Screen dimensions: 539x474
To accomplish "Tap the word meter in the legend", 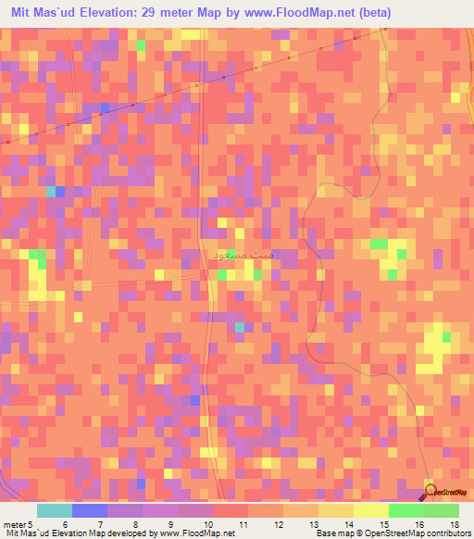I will coord(13,524).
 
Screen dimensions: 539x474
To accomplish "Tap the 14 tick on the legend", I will coord(352,524).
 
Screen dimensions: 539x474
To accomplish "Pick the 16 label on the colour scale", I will coord(422,524).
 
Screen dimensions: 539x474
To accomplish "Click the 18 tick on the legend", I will coord(455,524).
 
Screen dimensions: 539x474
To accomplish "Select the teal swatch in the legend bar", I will coord(55,510).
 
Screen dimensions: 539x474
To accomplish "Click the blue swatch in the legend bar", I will coord(90,510).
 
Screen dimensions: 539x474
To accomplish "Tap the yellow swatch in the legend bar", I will coord(371,510).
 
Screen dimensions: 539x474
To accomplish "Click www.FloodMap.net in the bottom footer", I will coord(196,534).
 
